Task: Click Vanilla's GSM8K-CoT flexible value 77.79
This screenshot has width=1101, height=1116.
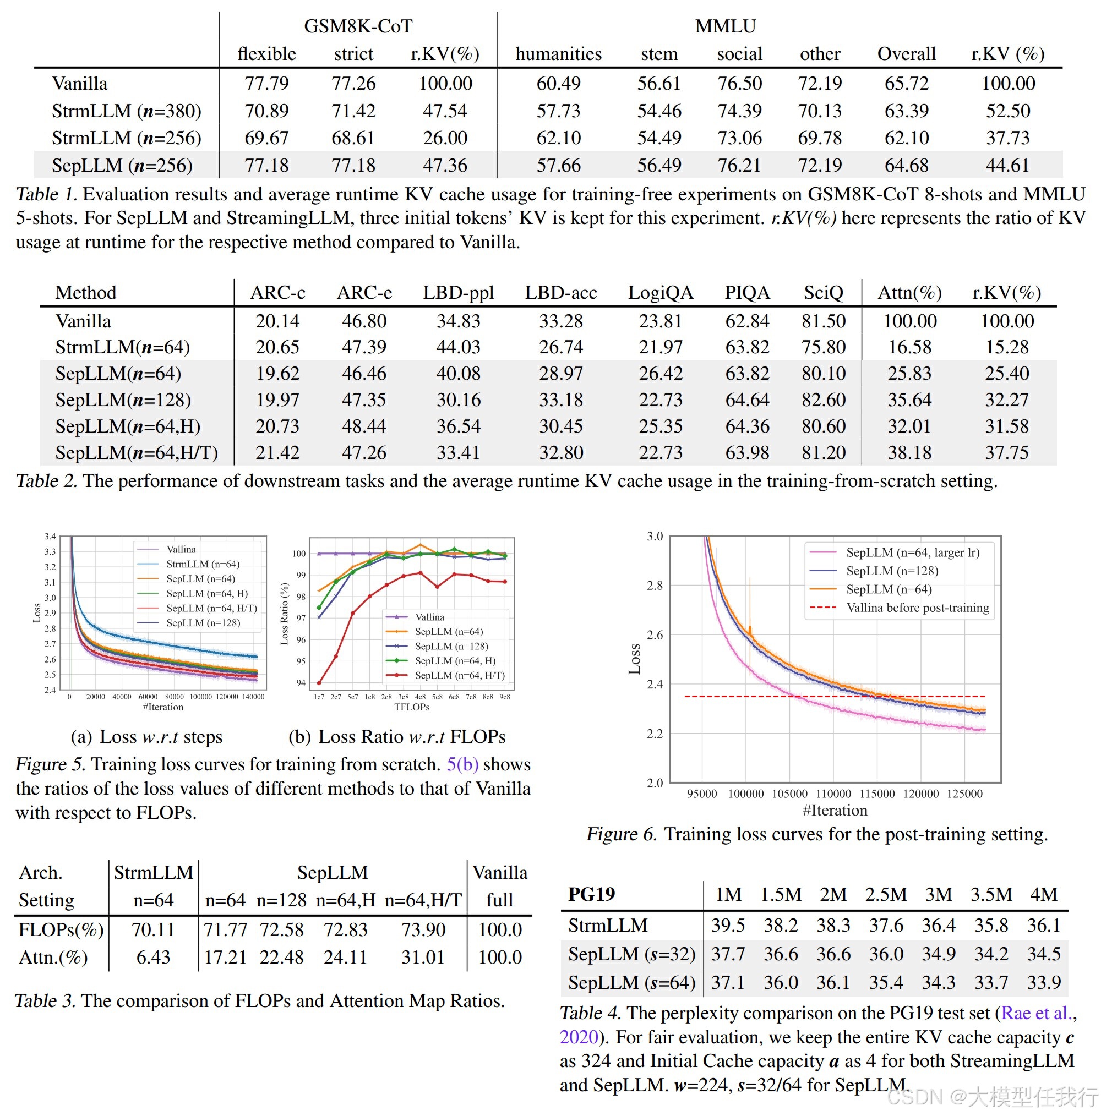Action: pyautogui.click(x=266, y=83)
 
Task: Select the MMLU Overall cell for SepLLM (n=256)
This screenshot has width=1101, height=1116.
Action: pyautogui.click(x=905, y=166)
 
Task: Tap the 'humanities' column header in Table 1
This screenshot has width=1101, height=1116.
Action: pyautogui.click(x=558, y=54)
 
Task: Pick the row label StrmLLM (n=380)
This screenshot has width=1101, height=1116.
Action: pyautogui.click(x=126, y=111)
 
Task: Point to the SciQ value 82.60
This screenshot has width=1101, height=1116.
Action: pyautogui.click(x=823, y=400)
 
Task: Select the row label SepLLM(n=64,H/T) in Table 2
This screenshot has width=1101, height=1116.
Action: pyautogui.click(x=137, y=452)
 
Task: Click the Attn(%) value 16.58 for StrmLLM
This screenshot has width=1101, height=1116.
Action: pyautogui.click(x=909, y=347)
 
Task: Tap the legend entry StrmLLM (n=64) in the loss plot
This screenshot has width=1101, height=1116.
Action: pyautogui.click(x=202, y=564)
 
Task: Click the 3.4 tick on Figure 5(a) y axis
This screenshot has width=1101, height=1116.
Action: pyautogui.click(x=50, y=537)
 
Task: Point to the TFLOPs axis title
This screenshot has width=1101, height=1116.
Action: pyautogui.click(x=412, y=707)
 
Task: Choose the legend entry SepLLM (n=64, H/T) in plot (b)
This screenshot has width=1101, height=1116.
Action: pyautogui.click(x=460, y=675)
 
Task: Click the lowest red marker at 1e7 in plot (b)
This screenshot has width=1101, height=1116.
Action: pyautogui.click(x=319, y=683)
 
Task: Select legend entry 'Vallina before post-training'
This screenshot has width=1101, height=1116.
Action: pyautogui.click(x=917, y=608)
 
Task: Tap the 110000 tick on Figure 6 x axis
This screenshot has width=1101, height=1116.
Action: pyautogui.click(x=833, y=794)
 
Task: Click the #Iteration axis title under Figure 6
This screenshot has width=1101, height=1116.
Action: pyautogui.click(x=835, y=811)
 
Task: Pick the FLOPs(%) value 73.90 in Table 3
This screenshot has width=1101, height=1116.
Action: pyautogui.click(x=423, y=929)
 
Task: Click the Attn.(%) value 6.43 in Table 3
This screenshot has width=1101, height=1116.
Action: pyautogui.click(x=153, y=957)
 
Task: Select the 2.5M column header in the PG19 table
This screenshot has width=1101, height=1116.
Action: pyautogui.click(x=885, y=894)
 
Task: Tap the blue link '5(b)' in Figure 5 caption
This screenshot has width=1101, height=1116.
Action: pyautogui.click(x=462, y=764)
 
